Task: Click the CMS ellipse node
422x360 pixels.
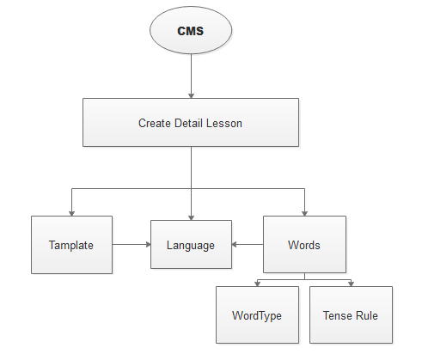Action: click(191, 30)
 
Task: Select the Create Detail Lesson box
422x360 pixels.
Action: click(191, 123)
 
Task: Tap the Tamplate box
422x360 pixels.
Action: click(71, 245)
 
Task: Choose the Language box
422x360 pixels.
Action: click(191, 244)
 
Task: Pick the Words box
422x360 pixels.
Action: click(304, 244)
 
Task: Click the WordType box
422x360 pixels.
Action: click(257, 314)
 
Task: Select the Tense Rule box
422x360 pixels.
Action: click(351, 314)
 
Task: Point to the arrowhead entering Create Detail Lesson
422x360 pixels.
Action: click(192, 95)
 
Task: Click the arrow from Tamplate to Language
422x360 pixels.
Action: click(131, 244)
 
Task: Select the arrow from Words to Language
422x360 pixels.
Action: click(248, 244)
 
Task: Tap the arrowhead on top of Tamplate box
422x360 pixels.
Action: click(71, 213)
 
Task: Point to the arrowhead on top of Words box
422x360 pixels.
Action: click(304, 213)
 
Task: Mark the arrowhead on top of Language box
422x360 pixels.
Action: click(192, 217)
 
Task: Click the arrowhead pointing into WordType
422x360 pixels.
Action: click(257, 284)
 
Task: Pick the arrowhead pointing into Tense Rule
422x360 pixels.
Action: click(351, 284)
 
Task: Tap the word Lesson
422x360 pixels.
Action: click(224, 123)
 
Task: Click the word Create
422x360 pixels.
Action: click(155, 123)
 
